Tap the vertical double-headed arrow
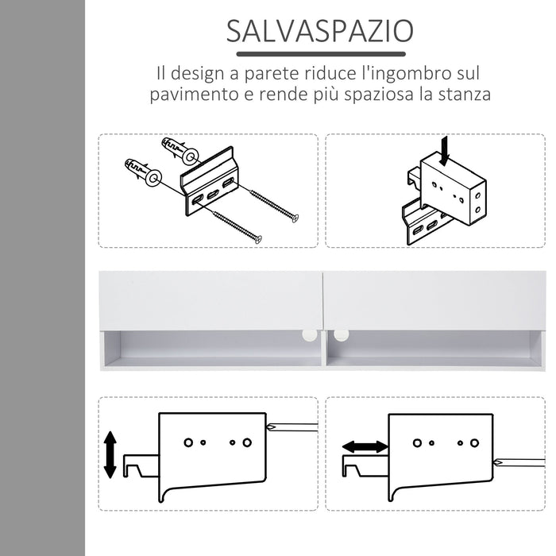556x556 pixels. point(110,454)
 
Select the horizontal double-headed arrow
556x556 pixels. point(365,447)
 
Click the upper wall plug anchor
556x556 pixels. point(176,147)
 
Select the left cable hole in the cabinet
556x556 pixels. point(307,336)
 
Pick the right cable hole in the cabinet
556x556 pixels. point(342,336)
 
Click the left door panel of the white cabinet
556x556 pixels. point(210,300)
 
